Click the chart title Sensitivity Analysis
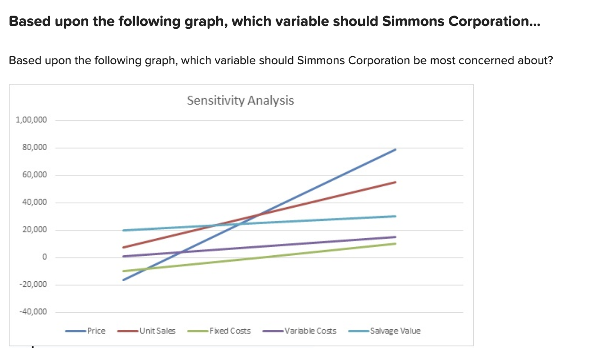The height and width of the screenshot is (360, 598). pyautogui.click(x=240, y=100)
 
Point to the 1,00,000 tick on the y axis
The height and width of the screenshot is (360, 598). pyautogui.click(x=31, y=120)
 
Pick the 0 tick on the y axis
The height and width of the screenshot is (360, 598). pyautogui.click(x=44, y=258)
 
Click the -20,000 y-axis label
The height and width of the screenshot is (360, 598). pyautogui.click(x=33, y=285)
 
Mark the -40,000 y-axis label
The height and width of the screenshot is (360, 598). pyautogui.click(x=33, y=312)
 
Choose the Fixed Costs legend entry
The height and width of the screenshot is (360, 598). pyautogui.click(x=230, y=331)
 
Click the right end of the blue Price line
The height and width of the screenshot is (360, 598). pyautogui.click(x=395, y=150)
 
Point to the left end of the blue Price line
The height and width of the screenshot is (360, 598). pyautogui.click(x=124, y=280)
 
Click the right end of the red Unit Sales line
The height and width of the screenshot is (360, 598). pyautogui.click(x=395, y=182)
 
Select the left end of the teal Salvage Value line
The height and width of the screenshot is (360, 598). pyautogui.click(x=124, y=230)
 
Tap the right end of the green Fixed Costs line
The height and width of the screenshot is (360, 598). pyautogui.click(x=395, y=243)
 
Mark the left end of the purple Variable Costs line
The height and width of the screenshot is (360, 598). pyautogui.click(x=124, y=256)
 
